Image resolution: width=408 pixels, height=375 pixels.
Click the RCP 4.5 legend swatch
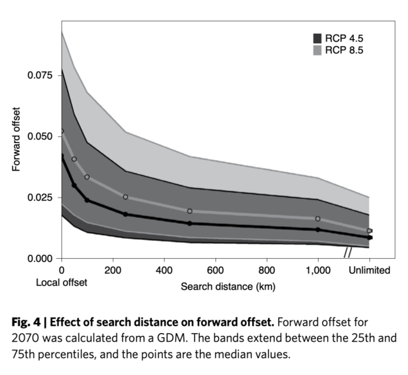[x=317, y=38]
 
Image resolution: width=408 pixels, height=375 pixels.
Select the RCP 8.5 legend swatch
[x=317, y=50]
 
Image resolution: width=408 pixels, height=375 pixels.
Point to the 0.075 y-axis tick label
[x=39, y=75]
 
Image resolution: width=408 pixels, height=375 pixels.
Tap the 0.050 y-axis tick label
[x=39, y=137]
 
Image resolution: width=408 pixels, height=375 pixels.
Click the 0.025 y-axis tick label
[x=39, y=198]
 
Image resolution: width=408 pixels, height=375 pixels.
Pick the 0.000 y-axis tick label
[x=39, y=259]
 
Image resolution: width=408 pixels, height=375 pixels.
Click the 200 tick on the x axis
[x=112, y=271]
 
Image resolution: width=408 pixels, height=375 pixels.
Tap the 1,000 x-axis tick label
[x=318, y=271]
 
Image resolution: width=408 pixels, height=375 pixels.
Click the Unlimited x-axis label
[x=369, y=271]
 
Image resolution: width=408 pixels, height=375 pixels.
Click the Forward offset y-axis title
[x=16, y=138]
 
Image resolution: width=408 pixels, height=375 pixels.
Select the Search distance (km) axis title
[x=228, y=287]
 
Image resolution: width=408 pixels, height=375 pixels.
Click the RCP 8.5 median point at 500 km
[x=190, y=211]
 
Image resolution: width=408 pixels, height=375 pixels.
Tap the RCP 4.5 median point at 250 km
[x=125, y=214]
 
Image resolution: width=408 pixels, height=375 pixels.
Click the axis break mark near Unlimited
[x=348, y=252]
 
